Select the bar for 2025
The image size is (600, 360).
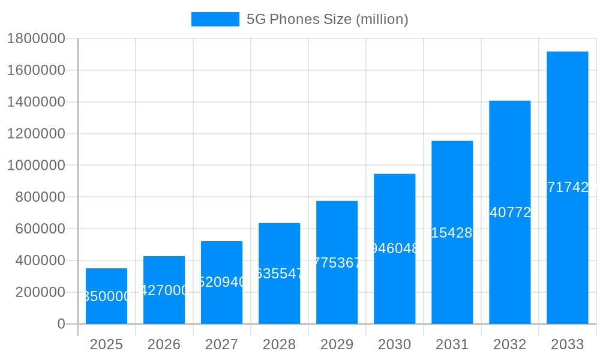[x=106, y=282]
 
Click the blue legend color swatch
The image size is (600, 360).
[x=215, y=19]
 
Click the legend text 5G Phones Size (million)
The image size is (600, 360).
[x=327, y=19]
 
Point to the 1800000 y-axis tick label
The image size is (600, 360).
[x=35, y=39]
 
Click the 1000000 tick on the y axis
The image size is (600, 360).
[x=35, y=166]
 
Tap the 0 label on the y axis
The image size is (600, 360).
[x=61, y=324]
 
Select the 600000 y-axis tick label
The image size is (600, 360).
[x=35, y=229]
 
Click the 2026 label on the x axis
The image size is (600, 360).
[x=164, y=344]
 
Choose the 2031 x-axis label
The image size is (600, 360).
[x=452, y=344]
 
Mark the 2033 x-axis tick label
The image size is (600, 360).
[x=567, y=344]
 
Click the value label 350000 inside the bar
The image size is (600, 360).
[x=106, y=296]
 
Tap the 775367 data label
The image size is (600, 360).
[x=337, y=263]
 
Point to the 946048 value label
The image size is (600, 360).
[x=394, y=248]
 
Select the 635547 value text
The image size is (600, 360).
[x=279, y=274]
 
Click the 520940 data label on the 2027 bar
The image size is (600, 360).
[x=221, y=282]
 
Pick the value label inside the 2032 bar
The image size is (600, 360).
[x=509, y=212]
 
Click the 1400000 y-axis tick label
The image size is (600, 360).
[x=35, y=102]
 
